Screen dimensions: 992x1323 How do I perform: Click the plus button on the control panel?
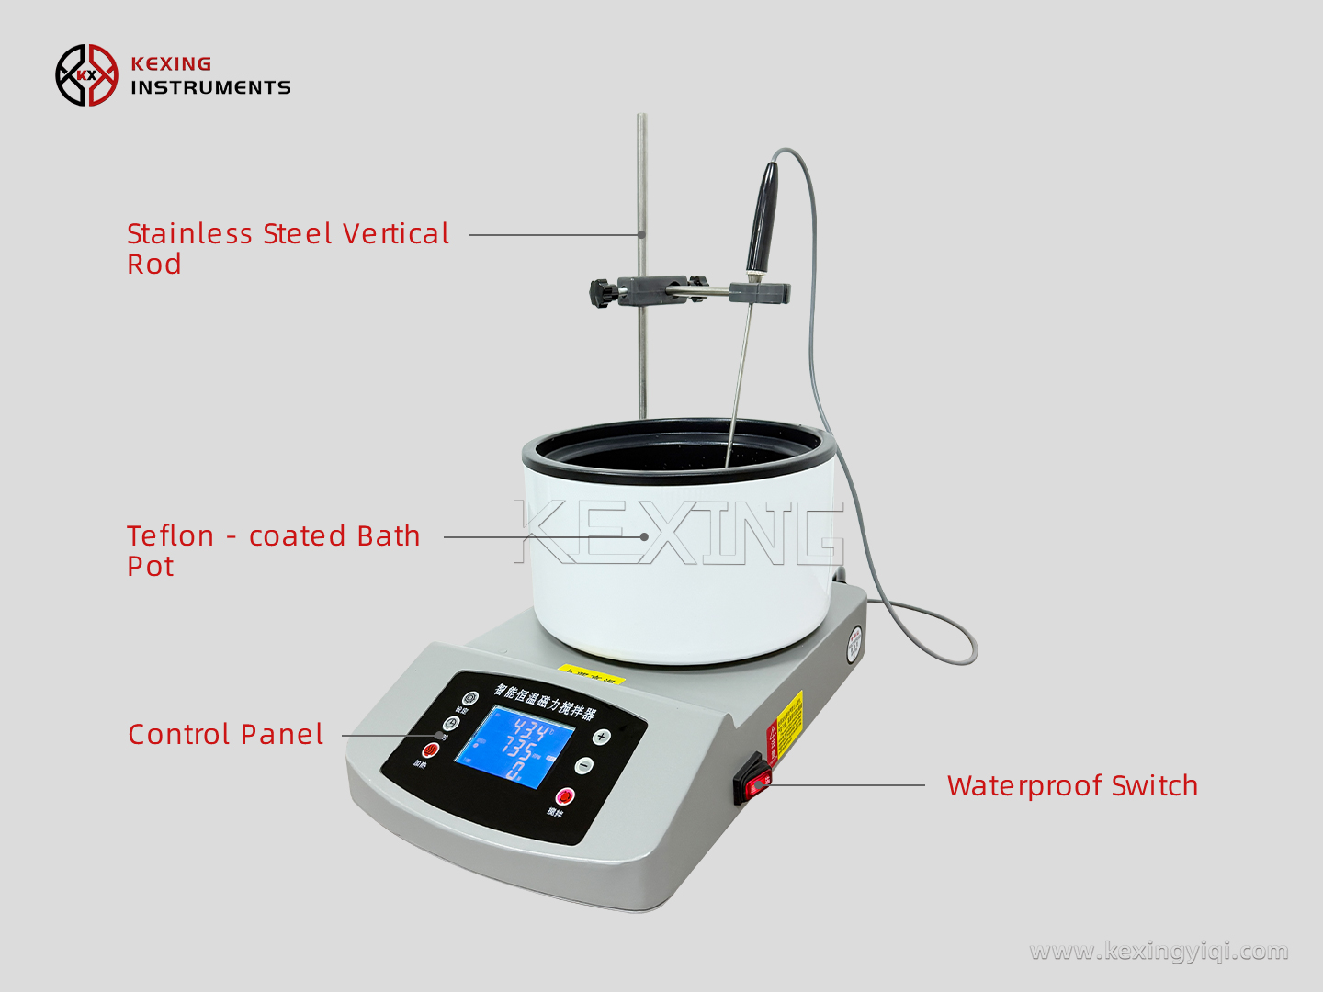point(601,736)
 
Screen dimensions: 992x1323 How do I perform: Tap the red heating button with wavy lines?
point(429,750)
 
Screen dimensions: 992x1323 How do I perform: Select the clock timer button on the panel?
point(450,723)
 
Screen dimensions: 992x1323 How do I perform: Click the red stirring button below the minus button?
point(564,795)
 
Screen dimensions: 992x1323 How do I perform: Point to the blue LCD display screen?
point(515,746)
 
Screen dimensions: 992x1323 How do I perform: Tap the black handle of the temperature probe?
point(763,217)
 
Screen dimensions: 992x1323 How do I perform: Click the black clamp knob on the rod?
point(602,293)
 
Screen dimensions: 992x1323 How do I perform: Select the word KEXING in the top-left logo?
point(171,63)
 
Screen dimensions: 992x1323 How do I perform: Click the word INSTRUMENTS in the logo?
point(210,87)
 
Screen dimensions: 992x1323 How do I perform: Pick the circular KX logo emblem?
point(86,75)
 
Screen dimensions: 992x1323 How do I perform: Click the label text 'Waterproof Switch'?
point(1072,786)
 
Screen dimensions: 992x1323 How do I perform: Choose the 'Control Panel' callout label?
point(226,735)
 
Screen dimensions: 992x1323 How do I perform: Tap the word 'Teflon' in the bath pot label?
point(170,536)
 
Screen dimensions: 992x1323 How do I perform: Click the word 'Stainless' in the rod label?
point(189,234)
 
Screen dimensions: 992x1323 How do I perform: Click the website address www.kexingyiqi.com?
point(1159,951)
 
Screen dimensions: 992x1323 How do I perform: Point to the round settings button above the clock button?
point(469,699)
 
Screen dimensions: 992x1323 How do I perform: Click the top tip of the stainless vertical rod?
point(642,118)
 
